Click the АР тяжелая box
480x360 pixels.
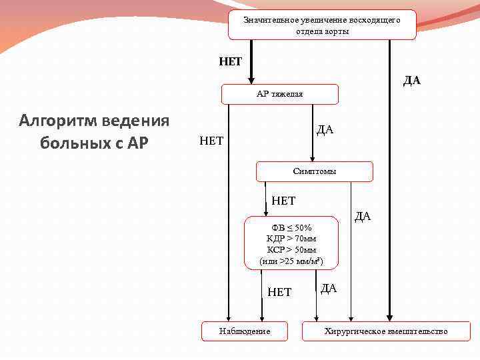pos(279,94)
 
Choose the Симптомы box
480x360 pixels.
pos(314,171)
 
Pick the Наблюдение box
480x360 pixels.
pos(245,331)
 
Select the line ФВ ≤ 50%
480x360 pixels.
pos(287,227)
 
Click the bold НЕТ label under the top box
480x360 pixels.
pos(231,61)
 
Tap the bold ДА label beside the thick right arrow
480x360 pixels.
pos(411,80)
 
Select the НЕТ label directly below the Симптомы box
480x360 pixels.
pos(283,200)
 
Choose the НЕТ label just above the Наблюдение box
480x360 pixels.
pos(279,291)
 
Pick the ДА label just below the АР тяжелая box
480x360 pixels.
pos(325,129)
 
